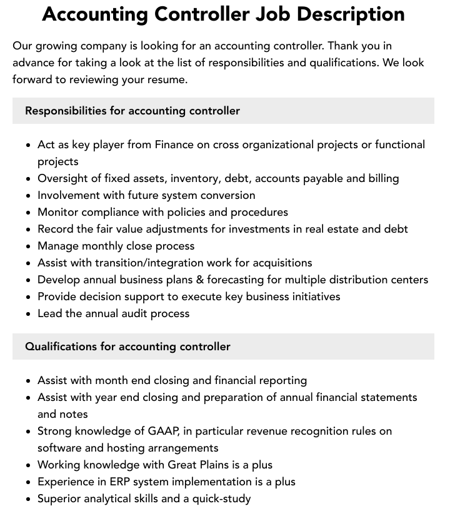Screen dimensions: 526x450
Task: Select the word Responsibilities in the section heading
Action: [x=66, y=111]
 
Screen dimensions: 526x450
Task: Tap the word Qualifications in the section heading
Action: [x=61, y=346]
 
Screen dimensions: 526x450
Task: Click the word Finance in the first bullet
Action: [x=174, y=144]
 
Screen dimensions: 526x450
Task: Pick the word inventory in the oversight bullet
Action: [x=194, y=178]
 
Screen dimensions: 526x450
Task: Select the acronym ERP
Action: [x=117, y=482]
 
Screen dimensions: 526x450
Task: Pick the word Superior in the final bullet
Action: [x=60, y=498]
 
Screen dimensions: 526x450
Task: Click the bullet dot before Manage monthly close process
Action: [x=29, y=246]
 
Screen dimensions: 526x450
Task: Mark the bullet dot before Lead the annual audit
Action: [x=29, y=314]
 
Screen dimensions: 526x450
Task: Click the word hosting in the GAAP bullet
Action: [x=108, y=448]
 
